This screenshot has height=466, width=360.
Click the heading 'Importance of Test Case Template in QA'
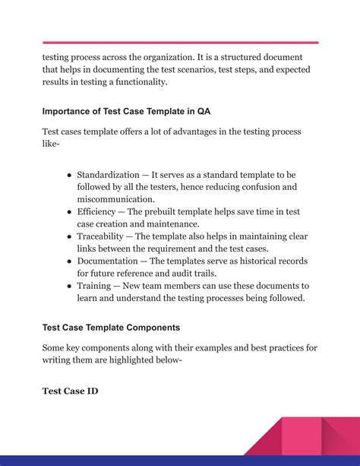(126, 110)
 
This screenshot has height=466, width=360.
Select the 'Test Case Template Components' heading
(111, 328)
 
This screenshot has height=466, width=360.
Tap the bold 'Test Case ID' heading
(70, 392)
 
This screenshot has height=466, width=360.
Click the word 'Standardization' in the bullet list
(108, 175)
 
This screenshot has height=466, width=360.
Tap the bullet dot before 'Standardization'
(69, 175)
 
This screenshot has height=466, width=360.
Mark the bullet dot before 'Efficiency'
(69, 212)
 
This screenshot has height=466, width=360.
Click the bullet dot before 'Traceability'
(69, 237)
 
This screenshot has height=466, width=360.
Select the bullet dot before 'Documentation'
(69, 262)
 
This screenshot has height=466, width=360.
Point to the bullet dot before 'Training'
(69, 287)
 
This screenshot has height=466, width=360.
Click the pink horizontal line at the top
(180, 43)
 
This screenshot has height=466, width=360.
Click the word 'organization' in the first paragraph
(167, 57)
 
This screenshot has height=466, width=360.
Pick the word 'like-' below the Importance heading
(51, 144)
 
